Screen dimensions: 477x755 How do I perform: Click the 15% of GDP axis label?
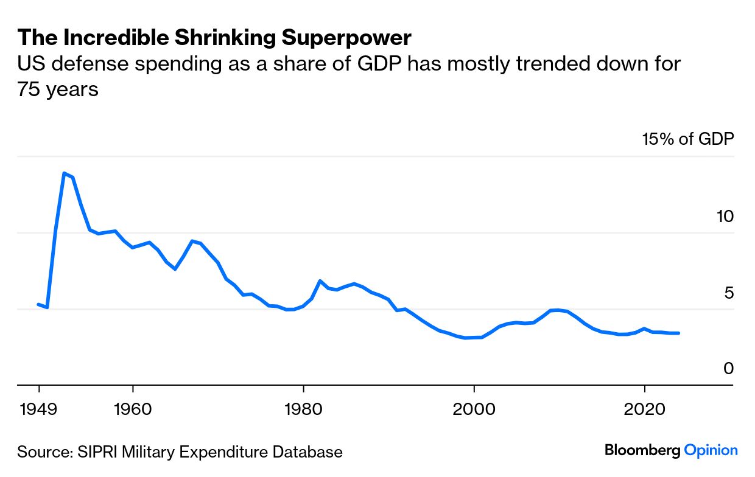tap(688, 139)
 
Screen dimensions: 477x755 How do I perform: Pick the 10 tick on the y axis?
tap(725, 217)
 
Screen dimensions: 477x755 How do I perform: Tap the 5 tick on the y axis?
tap(729, 293)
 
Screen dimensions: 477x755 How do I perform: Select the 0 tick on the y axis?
tap(729, 369)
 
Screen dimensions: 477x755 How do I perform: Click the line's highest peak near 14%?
tap(64, 173)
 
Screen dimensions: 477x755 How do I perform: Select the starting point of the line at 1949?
tap(38, 304)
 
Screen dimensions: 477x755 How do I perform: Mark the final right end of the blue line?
tap(678, 333)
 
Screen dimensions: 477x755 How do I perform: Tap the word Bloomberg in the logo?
tap(642, 451)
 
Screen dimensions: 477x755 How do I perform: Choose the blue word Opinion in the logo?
tap(711, 451)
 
